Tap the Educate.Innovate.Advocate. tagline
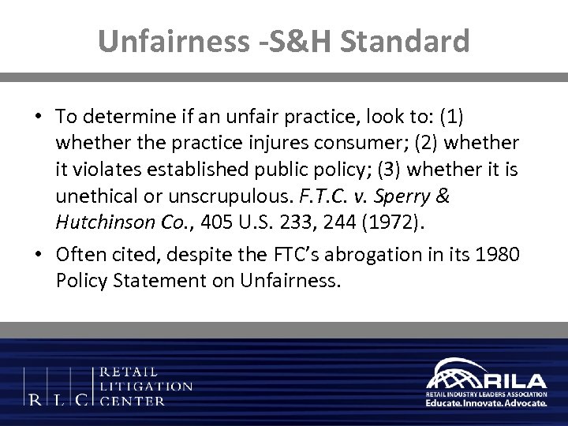pyautogui.click(x=486, y=402)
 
